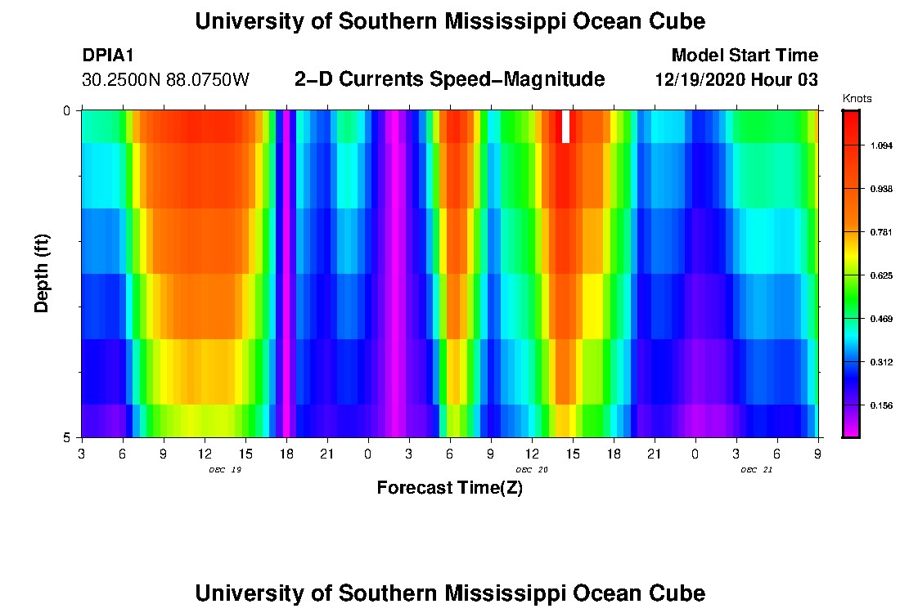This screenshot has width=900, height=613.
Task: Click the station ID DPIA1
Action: (108, 56)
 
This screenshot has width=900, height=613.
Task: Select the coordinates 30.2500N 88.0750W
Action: (166, 80)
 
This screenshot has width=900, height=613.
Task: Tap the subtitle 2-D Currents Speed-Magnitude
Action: (449, 79)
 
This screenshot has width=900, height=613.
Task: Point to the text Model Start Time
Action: (744, 56)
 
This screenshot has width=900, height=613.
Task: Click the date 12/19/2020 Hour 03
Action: (736, 80)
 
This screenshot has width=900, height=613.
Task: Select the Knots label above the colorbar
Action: (857, 99)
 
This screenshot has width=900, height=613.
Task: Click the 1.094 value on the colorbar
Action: (881, 145)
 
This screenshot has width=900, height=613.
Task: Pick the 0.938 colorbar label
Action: (881, 189)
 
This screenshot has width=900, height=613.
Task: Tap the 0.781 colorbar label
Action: (881, 232)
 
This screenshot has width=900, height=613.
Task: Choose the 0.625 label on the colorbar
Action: (881, 275)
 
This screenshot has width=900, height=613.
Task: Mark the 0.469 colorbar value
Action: (881, 319)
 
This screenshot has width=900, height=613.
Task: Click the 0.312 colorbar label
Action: (881, 362)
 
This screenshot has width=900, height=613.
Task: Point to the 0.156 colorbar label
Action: (881, 405)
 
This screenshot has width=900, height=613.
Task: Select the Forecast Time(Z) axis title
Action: (449, 489)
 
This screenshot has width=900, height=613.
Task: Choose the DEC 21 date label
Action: (757, 470)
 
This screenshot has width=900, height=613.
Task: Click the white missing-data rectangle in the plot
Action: (565, 127)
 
